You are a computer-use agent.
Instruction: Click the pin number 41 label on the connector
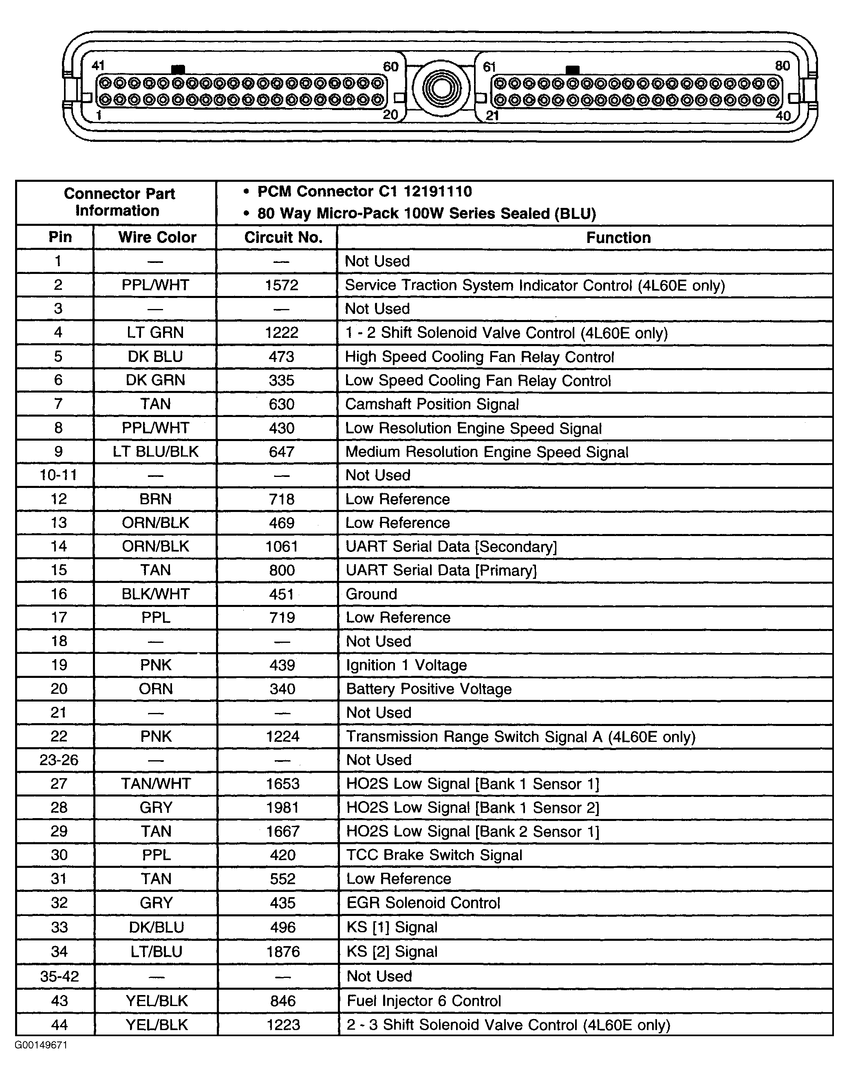98,66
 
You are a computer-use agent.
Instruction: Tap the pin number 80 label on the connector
783,66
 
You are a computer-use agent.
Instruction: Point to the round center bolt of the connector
441,89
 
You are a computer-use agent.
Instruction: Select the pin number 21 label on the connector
492,116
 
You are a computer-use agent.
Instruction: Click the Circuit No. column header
283,238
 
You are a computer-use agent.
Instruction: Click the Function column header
618,238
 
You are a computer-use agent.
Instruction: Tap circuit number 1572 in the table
281,285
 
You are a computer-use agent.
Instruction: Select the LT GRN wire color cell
155,333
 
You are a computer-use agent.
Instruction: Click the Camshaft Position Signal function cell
432,404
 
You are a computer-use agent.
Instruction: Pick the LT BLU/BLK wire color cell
156,452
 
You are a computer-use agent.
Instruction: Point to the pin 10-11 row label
58,475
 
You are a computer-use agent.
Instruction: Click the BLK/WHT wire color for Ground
156,594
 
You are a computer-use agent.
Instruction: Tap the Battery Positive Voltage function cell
428,689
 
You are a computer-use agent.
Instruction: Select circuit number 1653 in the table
282,784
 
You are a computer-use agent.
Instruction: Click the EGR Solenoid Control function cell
423,902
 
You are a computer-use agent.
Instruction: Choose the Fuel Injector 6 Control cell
423,1000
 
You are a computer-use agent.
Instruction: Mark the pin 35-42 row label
59,976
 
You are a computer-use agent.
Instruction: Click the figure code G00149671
41,1045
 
